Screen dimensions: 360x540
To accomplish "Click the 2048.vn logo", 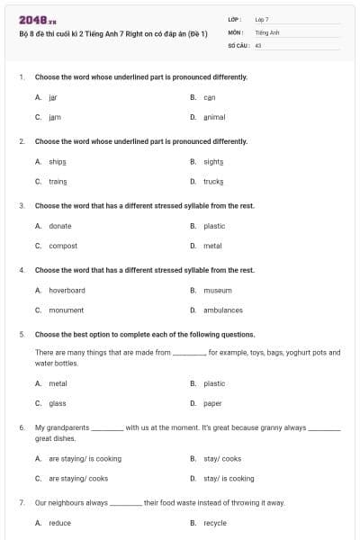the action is [x=32, y=19].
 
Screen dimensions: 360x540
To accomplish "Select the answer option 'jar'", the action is [x=53, y=96].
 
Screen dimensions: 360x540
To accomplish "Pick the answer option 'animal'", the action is [x=214, y=117].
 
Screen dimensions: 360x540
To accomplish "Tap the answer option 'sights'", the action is [x=213, y=161].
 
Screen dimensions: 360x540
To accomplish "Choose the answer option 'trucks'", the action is [x=213, y=181].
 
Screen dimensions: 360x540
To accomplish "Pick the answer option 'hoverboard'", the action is [x=67, y=291].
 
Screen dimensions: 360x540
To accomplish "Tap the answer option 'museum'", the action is [x=217, y=291].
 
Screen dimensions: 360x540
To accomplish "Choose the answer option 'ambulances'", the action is [x=223, y=310].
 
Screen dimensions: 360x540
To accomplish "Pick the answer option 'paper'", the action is [x=212, y=403].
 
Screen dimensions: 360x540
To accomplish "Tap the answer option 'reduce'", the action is [x=59, y=522].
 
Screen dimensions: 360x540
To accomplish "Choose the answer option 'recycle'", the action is [x=215, y=522].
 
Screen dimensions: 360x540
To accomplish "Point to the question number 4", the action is [x=22, y=270].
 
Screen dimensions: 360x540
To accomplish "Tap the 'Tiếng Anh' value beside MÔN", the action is [x=267, y=31].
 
